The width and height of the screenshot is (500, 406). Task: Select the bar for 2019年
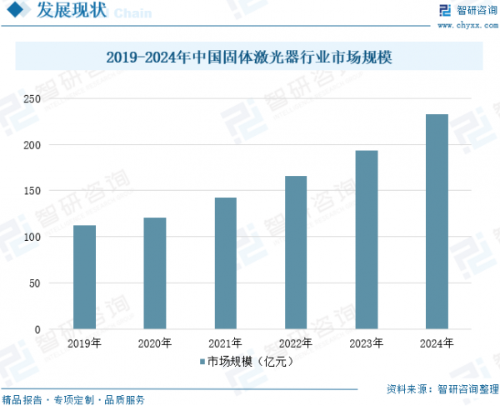click(x=84, y=277)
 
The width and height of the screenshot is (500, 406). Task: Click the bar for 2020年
click(x=155, y=273)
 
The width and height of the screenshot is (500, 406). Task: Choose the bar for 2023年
click(x=367, y=240)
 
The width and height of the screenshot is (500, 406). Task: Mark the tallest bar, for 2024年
click(x=437, y=222)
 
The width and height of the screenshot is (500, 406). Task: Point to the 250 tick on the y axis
click(x=31, y=99)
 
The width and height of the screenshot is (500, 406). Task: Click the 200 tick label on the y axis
click(x=31, y=145)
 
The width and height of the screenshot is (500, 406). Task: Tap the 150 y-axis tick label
click(x=31, y=191)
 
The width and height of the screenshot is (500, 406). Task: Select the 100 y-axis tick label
click(x=31, y=238)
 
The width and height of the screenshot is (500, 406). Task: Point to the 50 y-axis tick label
click(x=33, y=283)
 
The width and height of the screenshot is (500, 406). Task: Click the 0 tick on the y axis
click(x=37, y=329)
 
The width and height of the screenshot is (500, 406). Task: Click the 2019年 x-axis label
click(x=84, y=343)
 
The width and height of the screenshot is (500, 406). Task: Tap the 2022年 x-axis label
click(x=296, y=343)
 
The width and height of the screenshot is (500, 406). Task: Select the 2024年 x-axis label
click(x=437, y=343)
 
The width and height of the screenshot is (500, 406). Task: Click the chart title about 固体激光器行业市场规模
click(x=250, y=58)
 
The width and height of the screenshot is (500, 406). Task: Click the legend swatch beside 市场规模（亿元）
click(x=202, y=362)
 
